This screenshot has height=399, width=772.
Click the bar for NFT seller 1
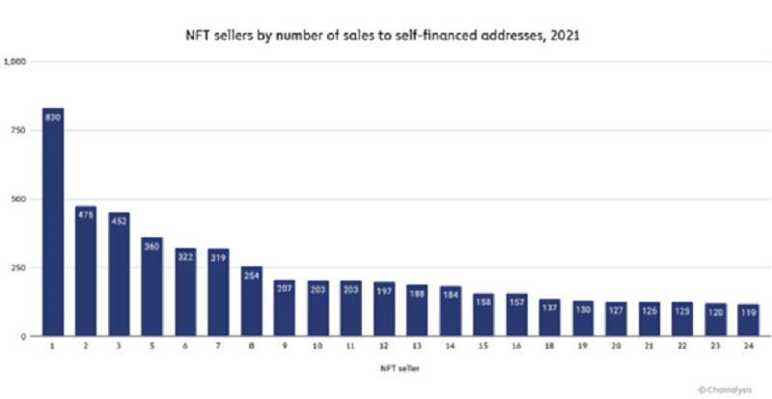click(x=53, y=222)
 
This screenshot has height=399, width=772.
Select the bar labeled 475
click(x=86, y=271)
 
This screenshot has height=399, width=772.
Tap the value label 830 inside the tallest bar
click(x=53, y=118)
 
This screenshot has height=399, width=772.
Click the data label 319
click(x=218, y=257)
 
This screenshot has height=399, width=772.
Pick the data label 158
click(x=482, y=302)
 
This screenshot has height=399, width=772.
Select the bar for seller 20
click(x=615, y=319)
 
